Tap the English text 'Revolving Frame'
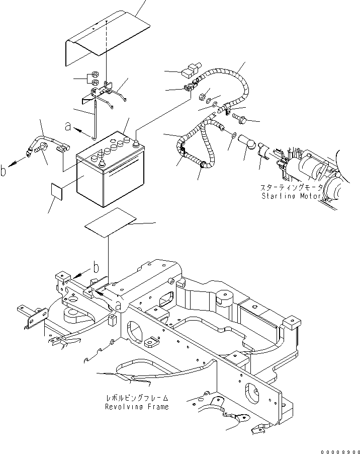137,406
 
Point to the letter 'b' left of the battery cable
4,171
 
